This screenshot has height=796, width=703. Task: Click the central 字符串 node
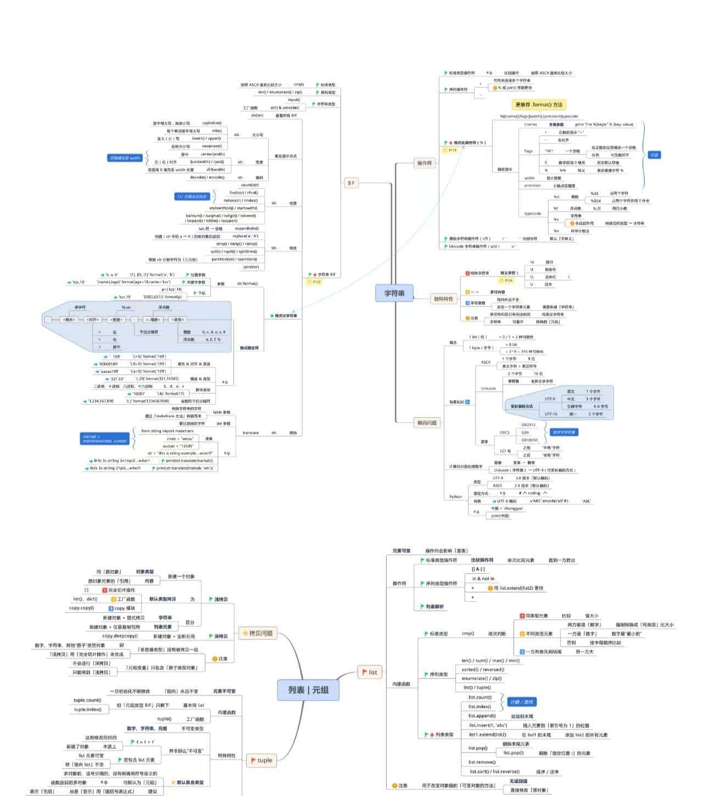tap(394, 293)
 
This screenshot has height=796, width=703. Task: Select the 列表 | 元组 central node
tap(308, 689)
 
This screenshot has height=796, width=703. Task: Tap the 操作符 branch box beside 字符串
tap(425, 163)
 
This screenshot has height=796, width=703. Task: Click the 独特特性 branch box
tap(443, 299)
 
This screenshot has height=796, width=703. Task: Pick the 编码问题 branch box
tap(427, 422)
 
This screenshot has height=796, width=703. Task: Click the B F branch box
tap(351, 183)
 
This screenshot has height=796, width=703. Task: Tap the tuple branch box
tap(261, 760)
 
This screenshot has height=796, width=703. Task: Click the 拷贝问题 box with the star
tap(258, 633)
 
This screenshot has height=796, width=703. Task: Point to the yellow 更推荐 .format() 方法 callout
tap(539, 104)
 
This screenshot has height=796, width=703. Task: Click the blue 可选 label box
tap(654, 155)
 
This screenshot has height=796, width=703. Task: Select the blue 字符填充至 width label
tap(125, 158)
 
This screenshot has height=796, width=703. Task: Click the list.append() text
tap(482, 716)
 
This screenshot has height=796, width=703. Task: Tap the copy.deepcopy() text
tap(120, 636)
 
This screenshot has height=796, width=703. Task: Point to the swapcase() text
tap(211, 146)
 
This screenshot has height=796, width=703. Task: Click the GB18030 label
tap(529, 440)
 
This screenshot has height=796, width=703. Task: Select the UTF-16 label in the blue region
tap(550, 414)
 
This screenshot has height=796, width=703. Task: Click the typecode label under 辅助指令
tap(532, 213)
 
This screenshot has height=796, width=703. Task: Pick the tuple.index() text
tap(88, 709)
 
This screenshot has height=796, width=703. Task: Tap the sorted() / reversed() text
tap(482, 669)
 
